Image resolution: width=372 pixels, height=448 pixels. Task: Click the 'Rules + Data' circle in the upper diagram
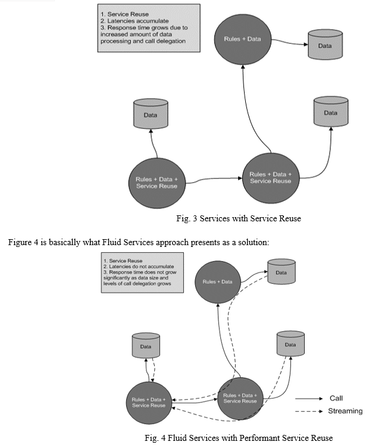242,39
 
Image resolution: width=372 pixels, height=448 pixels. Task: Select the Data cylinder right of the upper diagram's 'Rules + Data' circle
325,45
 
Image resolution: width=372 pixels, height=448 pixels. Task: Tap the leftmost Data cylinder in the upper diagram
151,114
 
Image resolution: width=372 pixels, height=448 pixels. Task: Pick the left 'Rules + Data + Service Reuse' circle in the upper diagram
157,183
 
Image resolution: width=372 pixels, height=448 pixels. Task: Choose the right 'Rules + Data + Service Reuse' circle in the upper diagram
270,178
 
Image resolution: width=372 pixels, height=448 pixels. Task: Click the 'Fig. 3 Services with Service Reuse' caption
239,218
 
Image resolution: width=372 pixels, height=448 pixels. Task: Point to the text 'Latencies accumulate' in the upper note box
138,21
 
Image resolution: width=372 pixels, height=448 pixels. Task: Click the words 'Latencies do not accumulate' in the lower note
141,267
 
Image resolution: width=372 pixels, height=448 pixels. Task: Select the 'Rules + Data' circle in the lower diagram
218,282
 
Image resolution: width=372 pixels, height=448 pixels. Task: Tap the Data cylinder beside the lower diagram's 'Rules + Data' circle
281,271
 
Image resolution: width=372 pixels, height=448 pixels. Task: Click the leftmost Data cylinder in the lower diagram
146,346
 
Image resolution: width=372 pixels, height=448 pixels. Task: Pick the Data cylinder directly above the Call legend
290,343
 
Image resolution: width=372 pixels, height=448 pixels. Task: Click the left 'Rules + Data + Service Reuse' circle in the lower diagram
149,403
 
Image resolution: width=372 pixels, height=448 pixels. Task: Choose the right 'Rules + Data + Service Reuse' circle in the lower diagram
240,399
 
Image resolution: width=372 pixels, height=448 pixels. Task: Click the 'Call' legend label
336,398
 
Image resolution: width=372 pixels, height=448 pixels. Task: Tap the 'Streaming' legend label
345,411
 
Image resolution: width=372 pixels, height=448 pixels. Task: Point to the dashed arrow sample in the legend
309,412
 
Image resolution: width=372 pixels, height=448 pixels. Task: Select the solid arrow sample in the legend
309,399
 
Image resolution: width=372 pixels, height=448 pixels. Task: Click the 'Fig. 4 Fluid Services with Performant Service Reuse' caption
239,438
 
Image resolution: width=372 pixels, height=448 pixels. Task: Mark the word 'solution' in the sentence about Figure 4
254,243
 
